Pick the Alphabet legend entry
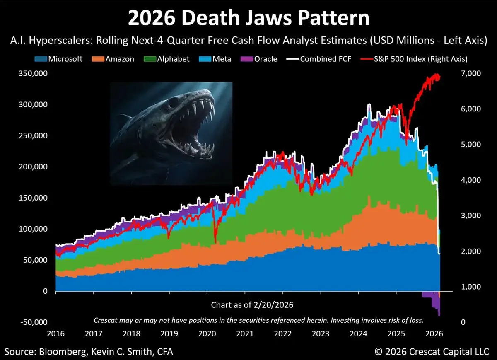pyautogui.click(x=167, y=59)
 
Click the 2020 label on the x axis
pyautogui.click(x=207, y=333)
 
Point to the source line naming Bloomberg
pyautogui.click(x=87, y=352)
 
